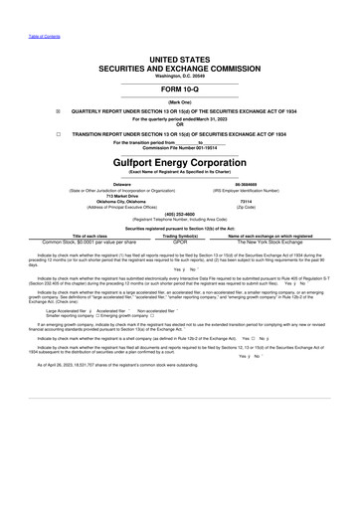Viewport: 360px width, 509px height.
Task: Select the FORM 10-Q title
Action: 180,87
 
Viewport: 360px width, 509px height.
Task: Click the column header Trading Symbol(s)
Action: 180,236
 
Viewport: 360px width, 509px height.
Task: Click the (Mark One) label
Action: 180,101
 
